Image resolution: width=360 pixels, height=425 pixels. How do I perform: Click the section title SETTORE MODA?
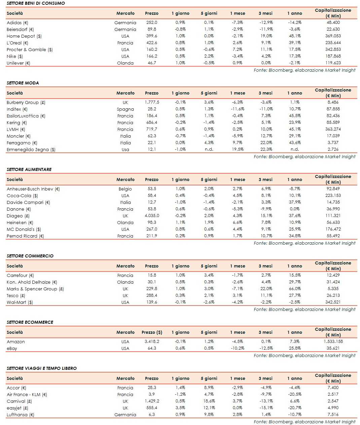point(23,83)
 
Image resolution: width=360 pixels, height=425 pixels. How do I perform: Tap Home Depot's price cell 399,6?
point(151,36)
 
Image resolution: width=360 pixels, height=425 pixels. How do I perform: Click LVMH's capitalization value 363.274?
point(333,129)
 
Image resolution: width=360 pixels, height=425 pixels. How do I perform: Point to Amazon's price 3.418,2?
point(152,342)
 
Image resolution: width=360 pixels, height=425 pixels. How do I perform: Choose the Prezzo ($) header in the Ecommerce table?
point(152,332)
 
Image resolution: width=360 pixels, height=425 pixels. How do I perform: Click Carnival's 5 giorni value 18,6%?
point(209,401)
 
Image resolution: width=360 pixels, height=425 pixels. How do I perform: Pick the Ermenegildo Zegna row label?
point(31,149)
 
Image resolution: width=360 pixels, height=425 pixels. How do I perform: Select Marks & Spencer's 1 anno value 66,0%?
point(295,289)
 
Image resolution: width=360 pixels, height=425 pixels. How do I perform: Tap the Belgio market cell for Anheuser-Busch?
point(125,189)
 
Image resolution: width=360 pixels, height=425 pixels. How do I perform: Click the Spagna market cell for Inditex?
point(125,109)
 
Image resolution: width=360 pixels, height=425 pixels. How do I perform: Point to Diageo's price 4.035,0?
point(152,216)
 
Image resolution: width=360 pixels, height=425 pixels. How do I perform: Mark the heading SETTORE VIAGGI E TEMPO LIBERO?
point(41,368)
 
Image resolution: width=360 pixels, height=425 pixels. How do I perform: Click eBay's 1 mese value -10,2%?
point(238,348)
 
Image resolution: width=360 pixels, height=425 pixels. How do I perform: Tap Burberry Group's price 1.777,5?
point(152,102)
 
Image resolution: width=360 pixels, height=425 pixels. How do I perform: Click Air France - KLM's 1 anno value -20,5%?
point(294,394)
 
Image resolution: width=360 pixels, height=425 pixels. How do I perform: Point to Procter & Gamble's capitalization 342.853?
point(333,49)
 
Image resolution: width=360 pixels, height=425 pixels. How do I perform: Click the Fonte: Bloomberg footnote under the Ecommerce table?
point(304,355)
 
